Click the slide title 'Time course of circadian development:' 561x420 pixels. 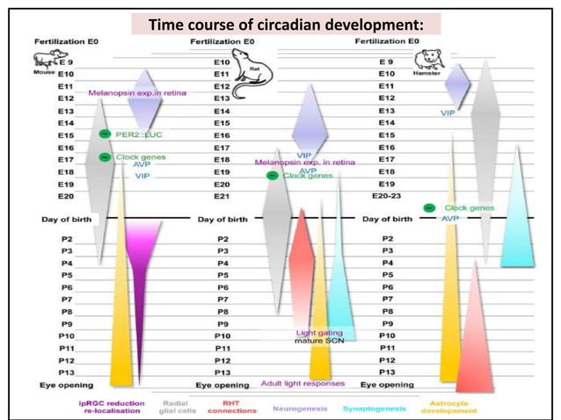point(285,24)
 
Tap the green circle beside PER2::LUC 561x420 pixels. point(104,134)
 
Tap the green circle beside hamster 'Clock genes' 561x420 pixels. point(428,207)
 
